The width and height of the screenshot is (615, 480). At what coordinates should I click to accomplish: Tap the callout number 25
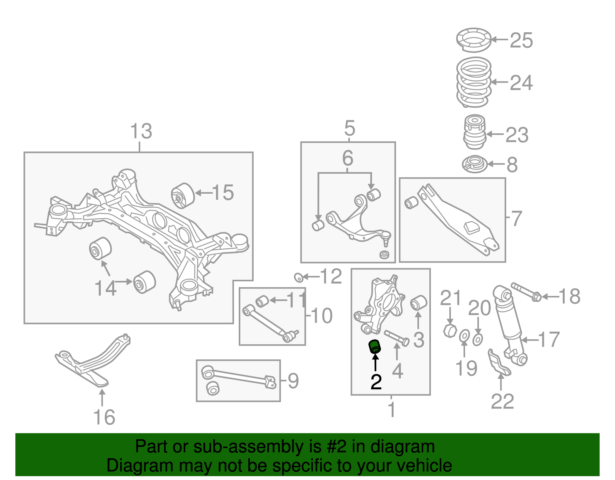521,40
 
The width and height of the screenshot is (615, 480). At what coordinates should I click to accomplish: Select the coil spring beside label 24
474,82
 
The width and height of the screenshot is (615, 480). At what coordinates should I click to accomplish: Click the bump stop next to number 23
474,133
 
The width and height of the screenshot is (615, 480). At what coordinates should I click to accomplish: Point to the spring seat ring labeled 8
475,164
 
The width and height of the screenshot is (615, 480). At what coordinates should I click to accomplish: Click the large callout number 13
141,131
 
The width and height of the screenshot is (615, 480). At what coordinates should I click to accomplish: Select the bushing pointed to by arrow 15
183,195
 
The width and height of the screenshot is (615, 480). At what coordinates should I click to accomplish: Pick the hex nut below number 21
450,330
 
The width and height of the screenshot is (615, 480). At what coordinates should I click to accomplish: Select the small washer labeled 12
298,277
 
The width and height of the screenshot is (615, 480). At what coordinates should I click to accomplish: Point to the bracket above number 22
499,363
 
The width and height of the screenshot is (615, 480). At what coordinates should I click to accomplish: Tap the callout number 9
293,381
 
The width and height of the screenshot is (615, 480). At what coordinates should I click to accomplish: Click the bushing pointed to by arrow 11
262,301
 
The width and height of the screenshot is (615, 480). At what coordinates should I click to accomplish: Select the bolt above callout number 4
396,337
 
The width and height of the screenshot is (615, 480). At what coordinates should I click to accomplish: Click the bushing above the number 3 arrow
419,302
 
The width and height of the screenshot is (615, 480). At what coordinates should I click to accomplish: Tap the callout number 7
517,219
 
